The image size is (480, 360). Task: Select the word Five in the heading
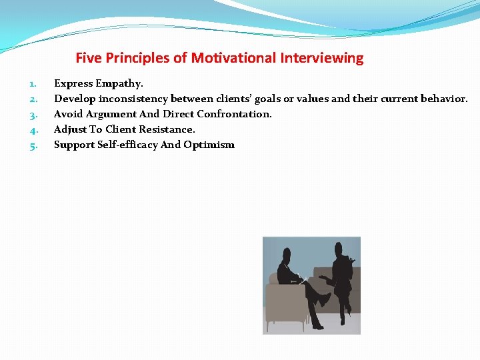pyautogui.click(x=89, y=58)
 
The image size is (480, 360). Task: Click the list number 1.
pyautogui.click(x=33, y=84)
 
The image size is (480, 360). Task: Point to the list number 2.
pyautogui.click(x=33, y=99)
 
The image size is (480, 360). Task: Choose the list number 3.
pyautogui.click(x=33, y=115)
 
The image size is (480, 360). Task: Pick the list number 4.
pyautogui.click(x=33, y=130)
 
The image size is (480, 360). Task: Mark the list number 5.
pyautogui.click(x=33, y=145)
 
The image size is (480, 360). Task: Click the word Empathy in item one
pyautogui.click(x=119, y=84)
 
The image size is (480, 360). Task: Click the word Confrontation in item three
pyautogui.click(x=234, y=114)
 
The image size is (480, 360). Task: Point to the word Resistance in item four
pyautogui.click(x=167, y=129)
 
